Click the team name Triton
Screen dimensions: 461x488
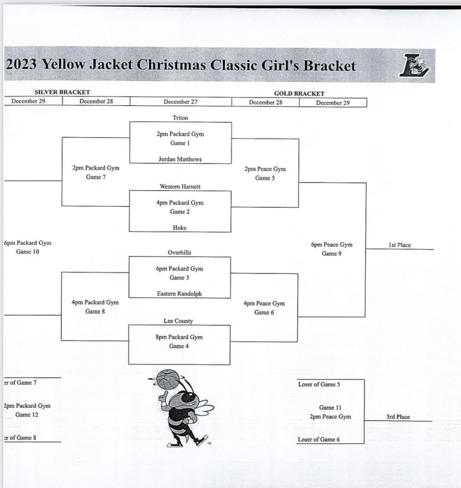point(180,118)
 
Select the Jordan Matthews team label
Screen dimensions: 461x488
point(180,159)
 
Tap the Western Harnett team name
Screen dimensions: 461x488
point(180,187)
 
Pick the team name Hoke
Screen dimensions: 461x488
point(179,228)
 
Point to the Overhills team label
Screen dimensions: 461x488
point(179,253)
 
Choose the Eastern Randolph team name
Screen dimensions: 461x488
point(179,294)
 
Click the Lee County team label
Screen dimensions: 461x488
point(178,321)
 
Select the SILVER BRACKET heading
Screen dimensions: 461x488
point(62,92)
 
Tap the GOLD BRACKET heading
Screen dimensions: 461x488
point(299,94)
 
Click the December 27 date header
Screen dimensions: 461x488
point(180,102)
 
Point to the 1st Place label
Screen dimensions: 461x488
point(400,245)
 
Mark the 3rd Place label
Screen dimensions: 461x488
point(398,417)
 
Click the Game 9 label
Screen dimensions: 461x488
point(331,254)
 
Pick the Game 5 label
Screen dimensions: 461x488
point(265,178)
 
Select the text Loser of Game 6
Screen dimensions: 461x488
point(319,439)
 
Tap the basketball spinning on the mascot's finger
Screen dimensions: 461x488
point(167,380)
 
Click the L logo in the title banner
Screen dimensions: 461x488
point(415,65)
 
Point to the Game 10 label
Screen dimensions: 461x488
point(28,252)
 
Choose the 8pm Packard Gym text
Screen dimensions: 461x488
point(179,337)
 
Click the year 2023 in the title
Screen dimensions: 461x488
point(22,64)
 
